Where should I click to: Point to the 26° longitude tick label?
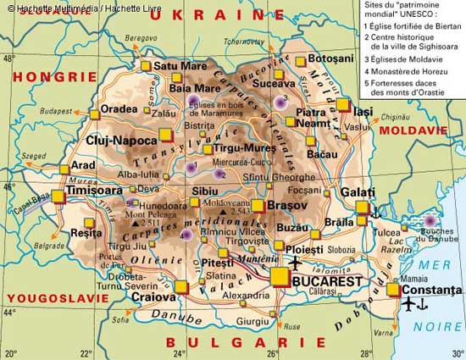[x=274, y=353]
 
